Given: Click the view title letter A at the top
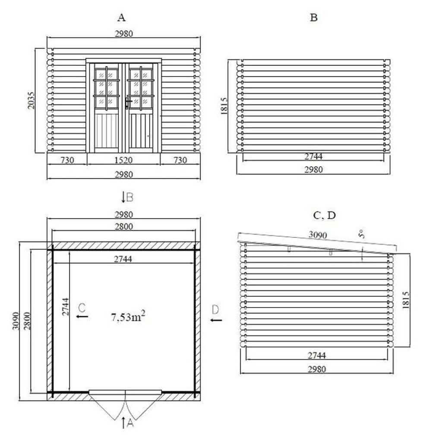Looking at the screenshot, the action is [121, 17].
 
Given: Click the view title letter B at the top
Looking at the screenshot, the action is [314, 17].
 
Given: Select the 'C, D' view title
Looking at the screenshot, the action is [324, 216].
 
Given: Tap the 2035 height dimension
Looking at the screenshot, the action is [31, 100].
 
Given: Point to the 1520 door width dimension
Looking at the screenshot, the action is [123, 160].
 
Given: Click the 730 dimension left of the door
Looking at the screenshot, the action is [67, 160].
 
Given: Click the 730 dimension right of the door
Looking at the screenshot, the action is [180, 160].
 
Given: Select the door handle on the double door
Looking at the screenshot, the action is [128, 103].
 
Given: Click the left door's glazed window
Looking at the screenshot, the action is [107, 88].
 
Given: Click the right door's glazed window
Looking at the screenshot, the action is [141, 88].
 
